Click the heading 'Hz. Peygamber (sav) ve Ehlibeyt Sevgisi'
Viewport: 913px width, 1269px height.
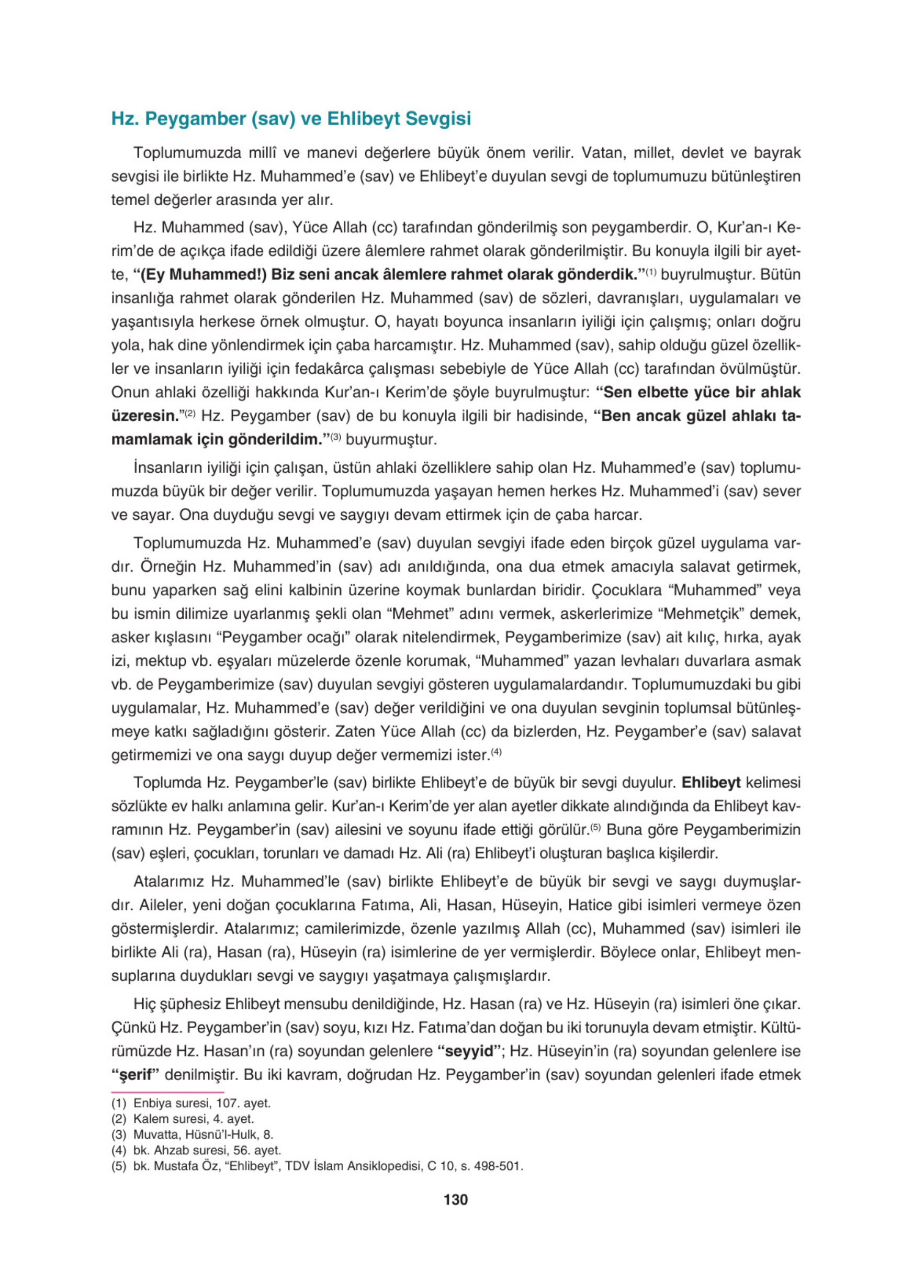[x=291, y=119]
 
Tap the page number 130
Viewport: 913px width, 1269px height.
[x=456, y=1199]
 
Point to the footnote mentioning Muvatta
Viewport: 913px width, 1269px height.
[x=193, y=1134]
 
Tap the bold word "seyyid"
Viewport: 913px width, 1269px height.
[x=470, y=1051]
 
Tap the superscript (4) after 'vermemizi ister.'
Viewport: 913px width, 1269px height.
[x=496, y=753]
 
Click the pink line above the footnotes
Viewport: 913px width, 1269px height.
[x=167, y=1092]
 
